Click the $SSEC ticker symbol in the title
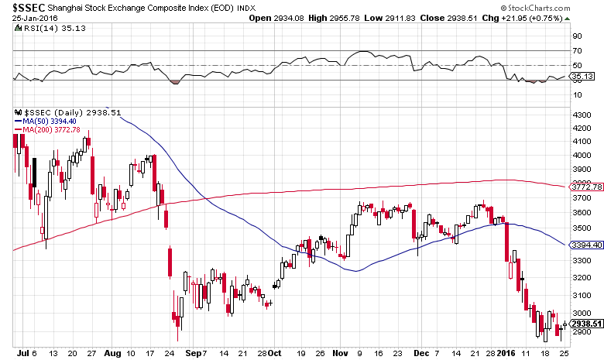click(x=25, y=8)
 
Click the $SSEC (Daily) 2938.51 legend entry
click(x=63, y=111)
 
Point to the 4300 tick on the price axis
click(x=580, y=115)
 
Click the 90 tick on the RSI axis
click(x=577, y=36)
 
